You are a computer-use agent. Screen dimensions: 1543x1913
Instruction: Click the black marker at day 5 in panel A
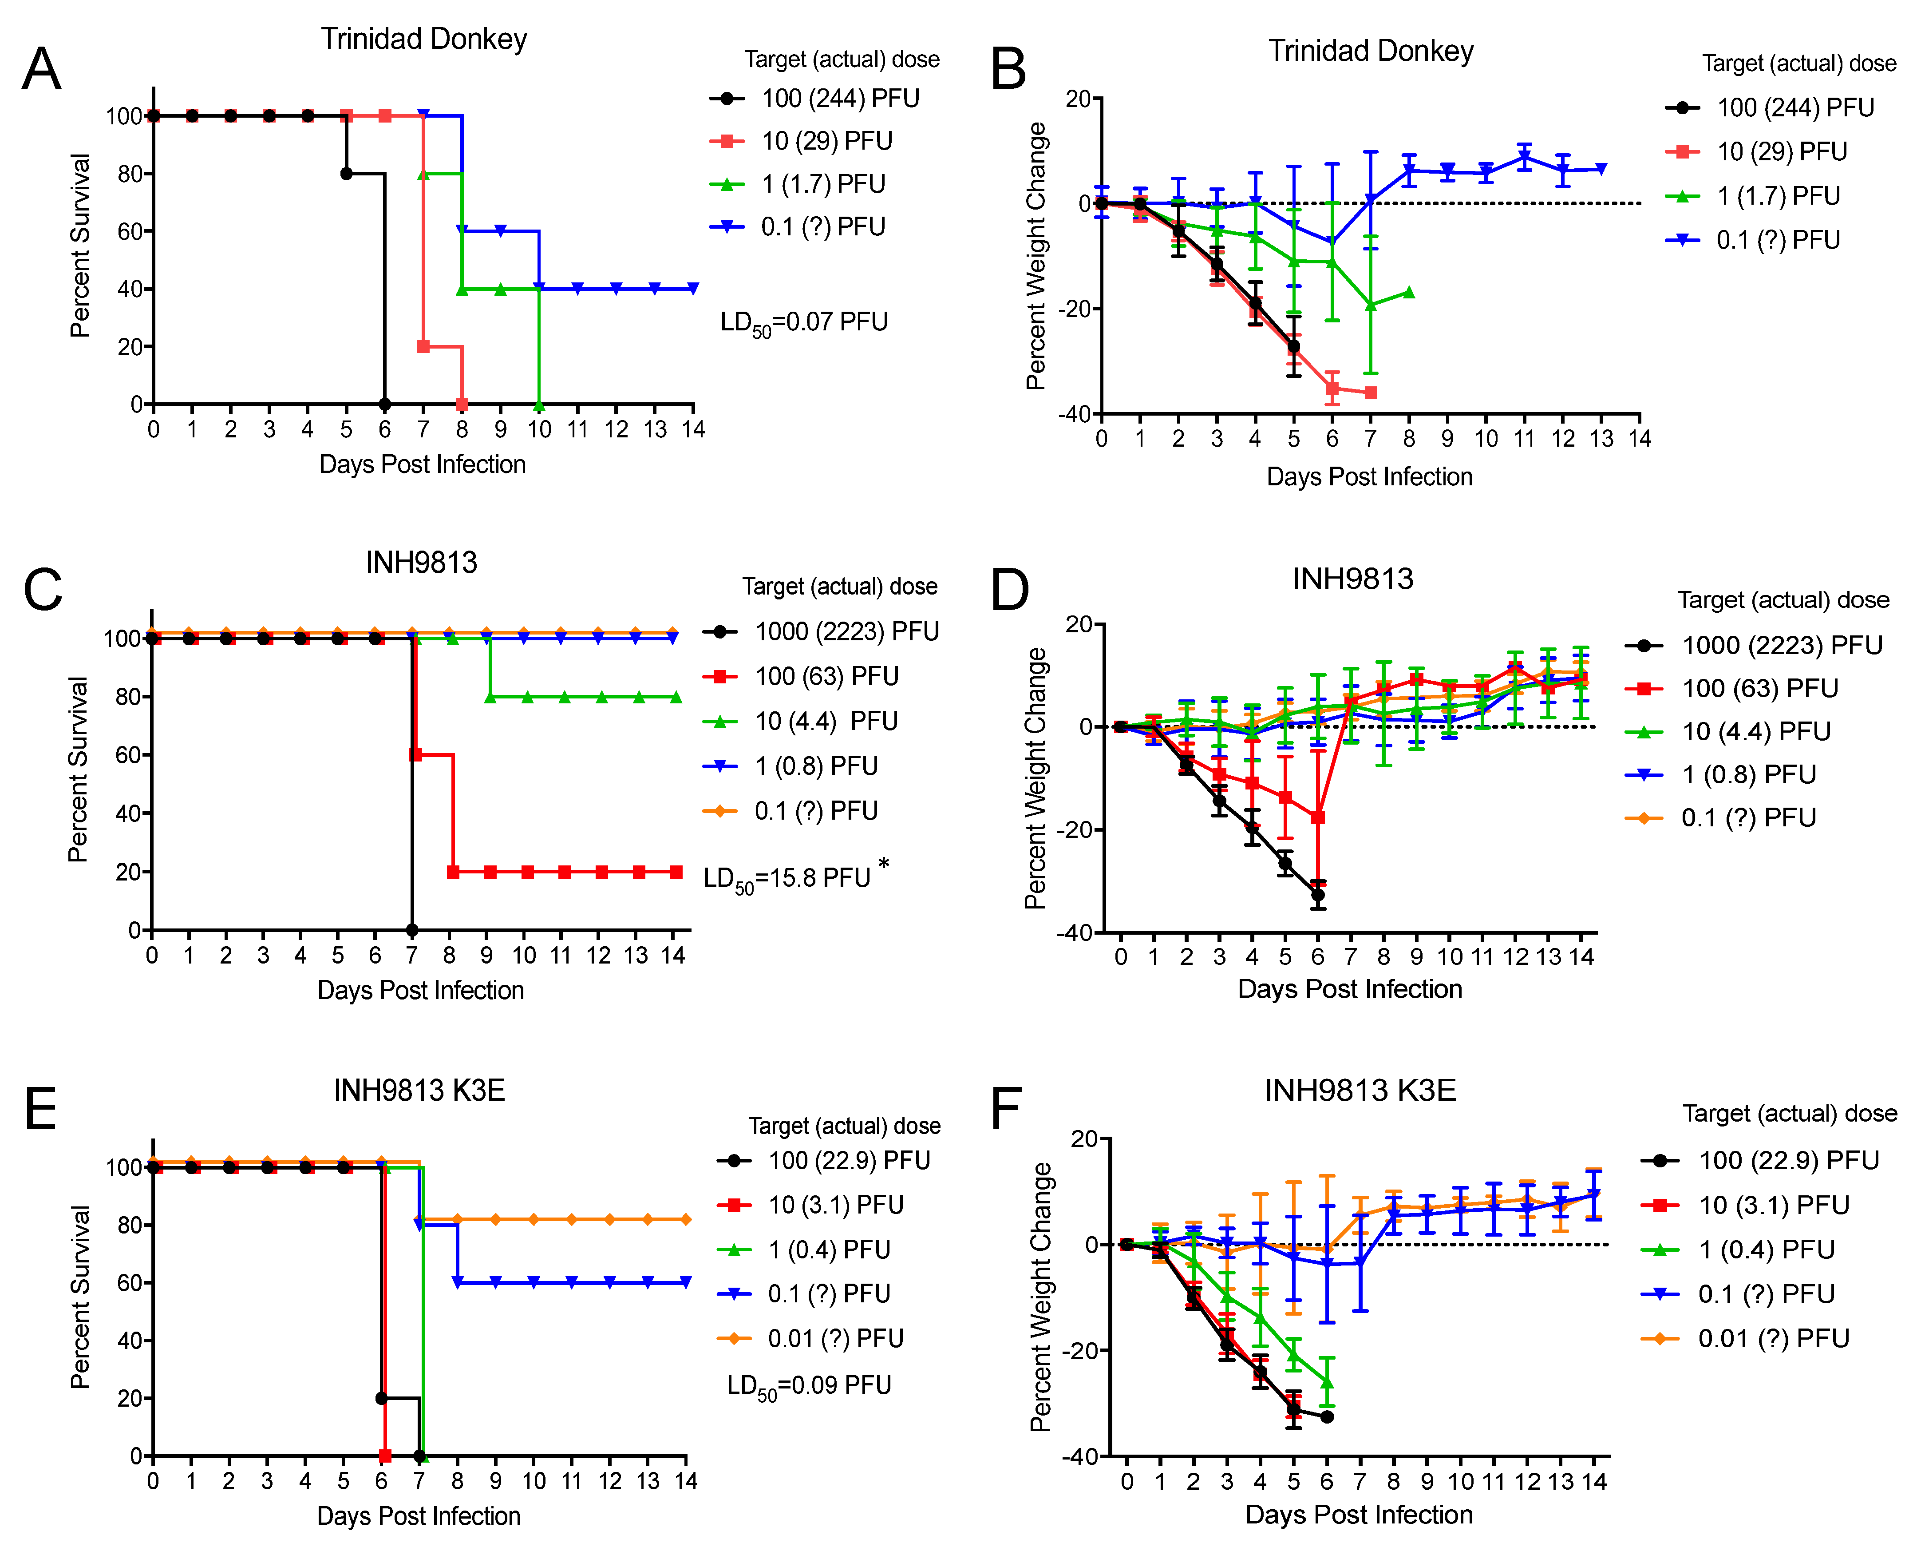[x=347, y=173]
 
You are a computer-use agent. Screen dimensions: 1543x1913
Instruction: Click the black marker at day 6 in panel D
[x=1318, y=895]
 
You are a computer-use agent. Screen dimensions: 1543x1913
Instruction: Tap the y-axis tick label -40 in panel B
[x=1073, y=414]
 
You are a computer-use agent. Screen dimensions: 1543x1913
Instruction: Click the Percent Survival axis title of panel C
[x=78, y=770]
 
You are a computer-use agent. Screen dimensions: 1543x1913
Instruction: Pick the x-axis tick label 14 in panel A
[x=693, y=430]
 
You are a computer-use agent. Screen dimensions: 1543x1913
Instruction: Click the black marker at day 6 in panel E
[x=382, y=1398]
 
